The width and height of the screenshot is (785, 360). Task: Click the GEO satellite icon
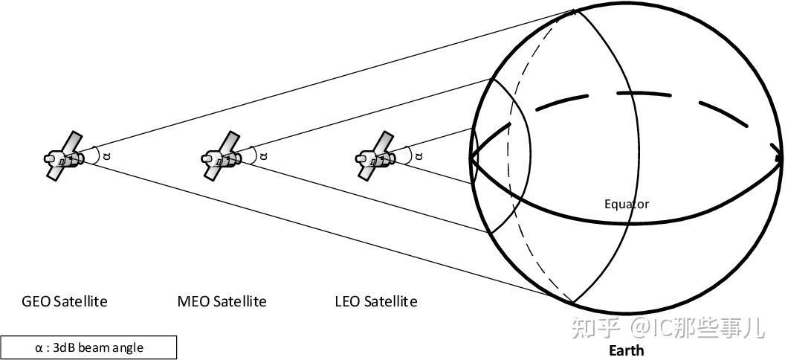(64, 156)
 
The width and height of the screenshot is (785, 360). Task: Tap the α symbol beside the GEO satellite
(106, 155)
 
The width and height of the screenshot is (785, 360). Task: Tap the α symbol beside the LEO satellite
(419, 155)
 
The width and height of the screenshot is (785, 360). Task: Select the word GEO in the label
(36, 301)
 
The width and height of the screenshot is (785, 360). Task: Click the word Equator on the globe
(626, 204)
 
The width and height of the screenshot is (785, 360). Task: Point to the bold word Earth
(626, 350)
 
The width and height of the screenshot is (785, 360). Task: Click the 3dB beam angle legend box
(88, 347)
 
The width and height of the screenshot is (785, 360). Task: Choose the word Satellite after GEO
(80, 301)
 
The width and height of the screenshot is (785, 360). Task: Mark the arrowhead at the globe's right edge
(778, 158)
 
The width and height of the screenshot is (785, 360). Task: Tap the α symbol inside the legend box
(39, 347)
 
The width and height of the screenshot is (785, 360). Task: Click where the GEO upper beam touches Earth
(575, 10)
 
